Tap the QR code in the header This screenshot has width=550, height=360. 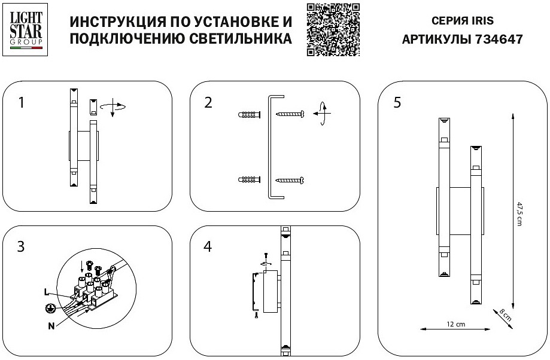coord(333,29)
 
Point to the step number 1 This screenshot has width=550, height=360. coord(22,102)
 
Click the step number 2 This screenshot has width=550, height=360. coord(208,102)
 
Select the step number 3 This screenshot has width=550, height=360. coord(21,246)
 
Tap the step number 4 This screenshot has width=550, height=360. coord(208,246)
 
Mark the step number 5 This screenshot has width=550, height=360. coord(397,102)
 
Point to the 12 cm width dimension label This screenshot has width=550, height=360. coord(456,324)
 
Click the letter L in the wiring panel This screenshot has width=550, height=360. coord(46,292)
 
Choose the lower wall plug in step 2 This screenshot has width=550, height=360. coord(250,179)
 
